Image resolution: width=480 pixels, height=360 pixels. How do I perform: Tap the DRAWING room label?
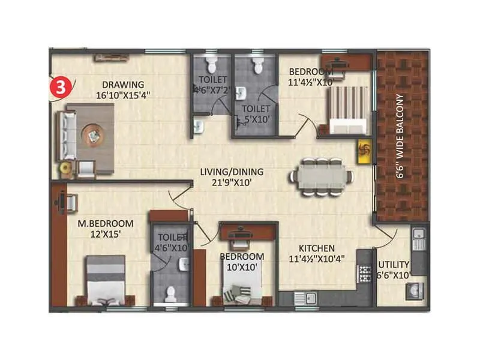(122, 84)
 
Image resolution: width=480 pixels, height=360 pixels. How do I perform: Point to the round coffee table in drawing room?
(93, 135)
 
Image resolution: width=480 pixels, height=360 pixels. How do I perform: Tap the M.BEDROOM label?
(106, 224)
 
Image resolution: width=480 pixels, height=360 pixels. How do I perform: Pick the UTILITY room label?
(394, 264)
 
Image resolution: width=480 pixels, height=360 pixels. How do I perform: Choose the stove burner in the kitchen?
(364, 273)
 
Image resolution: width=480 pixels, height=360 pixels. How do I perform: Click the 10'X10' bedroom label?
(242, 267)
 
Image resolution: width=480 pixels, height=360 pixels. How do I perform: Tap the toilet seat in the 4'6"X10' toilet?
(171, 293)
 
